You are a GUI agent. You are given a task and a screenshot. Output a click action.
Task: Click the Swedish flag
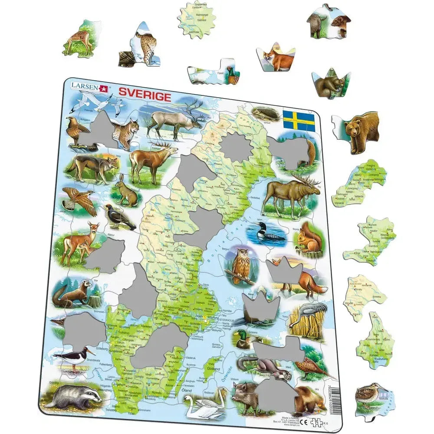[x=299, y=121]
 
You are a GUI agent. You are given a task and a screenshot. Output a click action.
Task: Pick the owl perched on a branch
[x=241, y=266]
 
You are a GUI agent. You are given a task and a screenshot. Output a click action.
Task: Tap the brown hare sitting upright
[x=126, y=192]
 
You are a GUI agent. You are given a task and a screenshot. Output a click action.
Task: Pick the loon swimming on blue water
[x=267, y=234]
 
